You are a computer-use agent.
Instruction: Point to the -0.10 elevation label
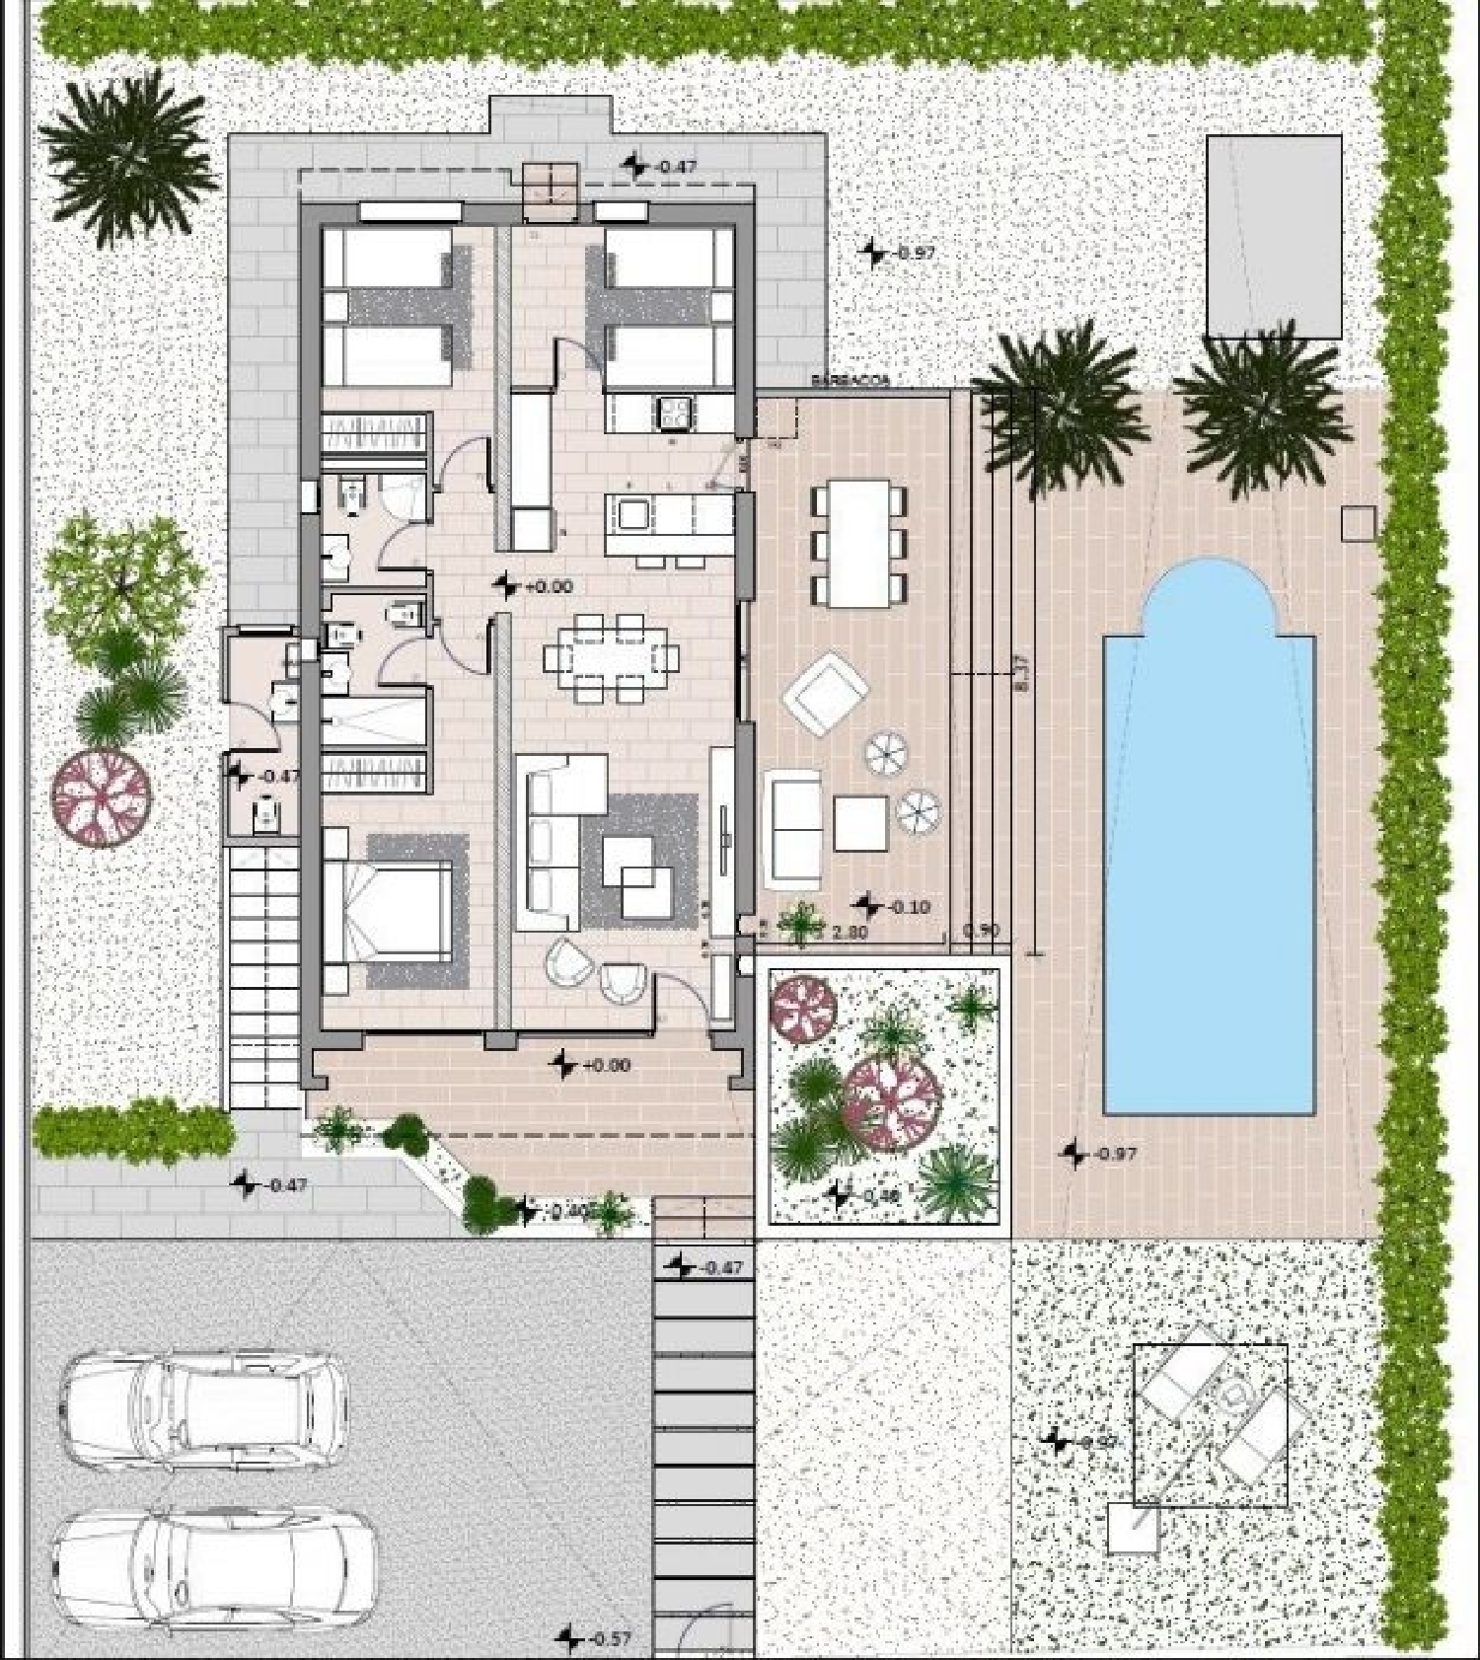point(909,906)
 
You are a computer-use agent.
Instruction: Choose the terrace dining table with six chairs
point(858,542)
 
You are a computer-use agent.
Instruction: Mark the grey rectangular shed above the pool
point(1274,237)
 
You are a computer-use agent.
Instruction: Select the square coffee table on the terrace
point(860,823)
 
